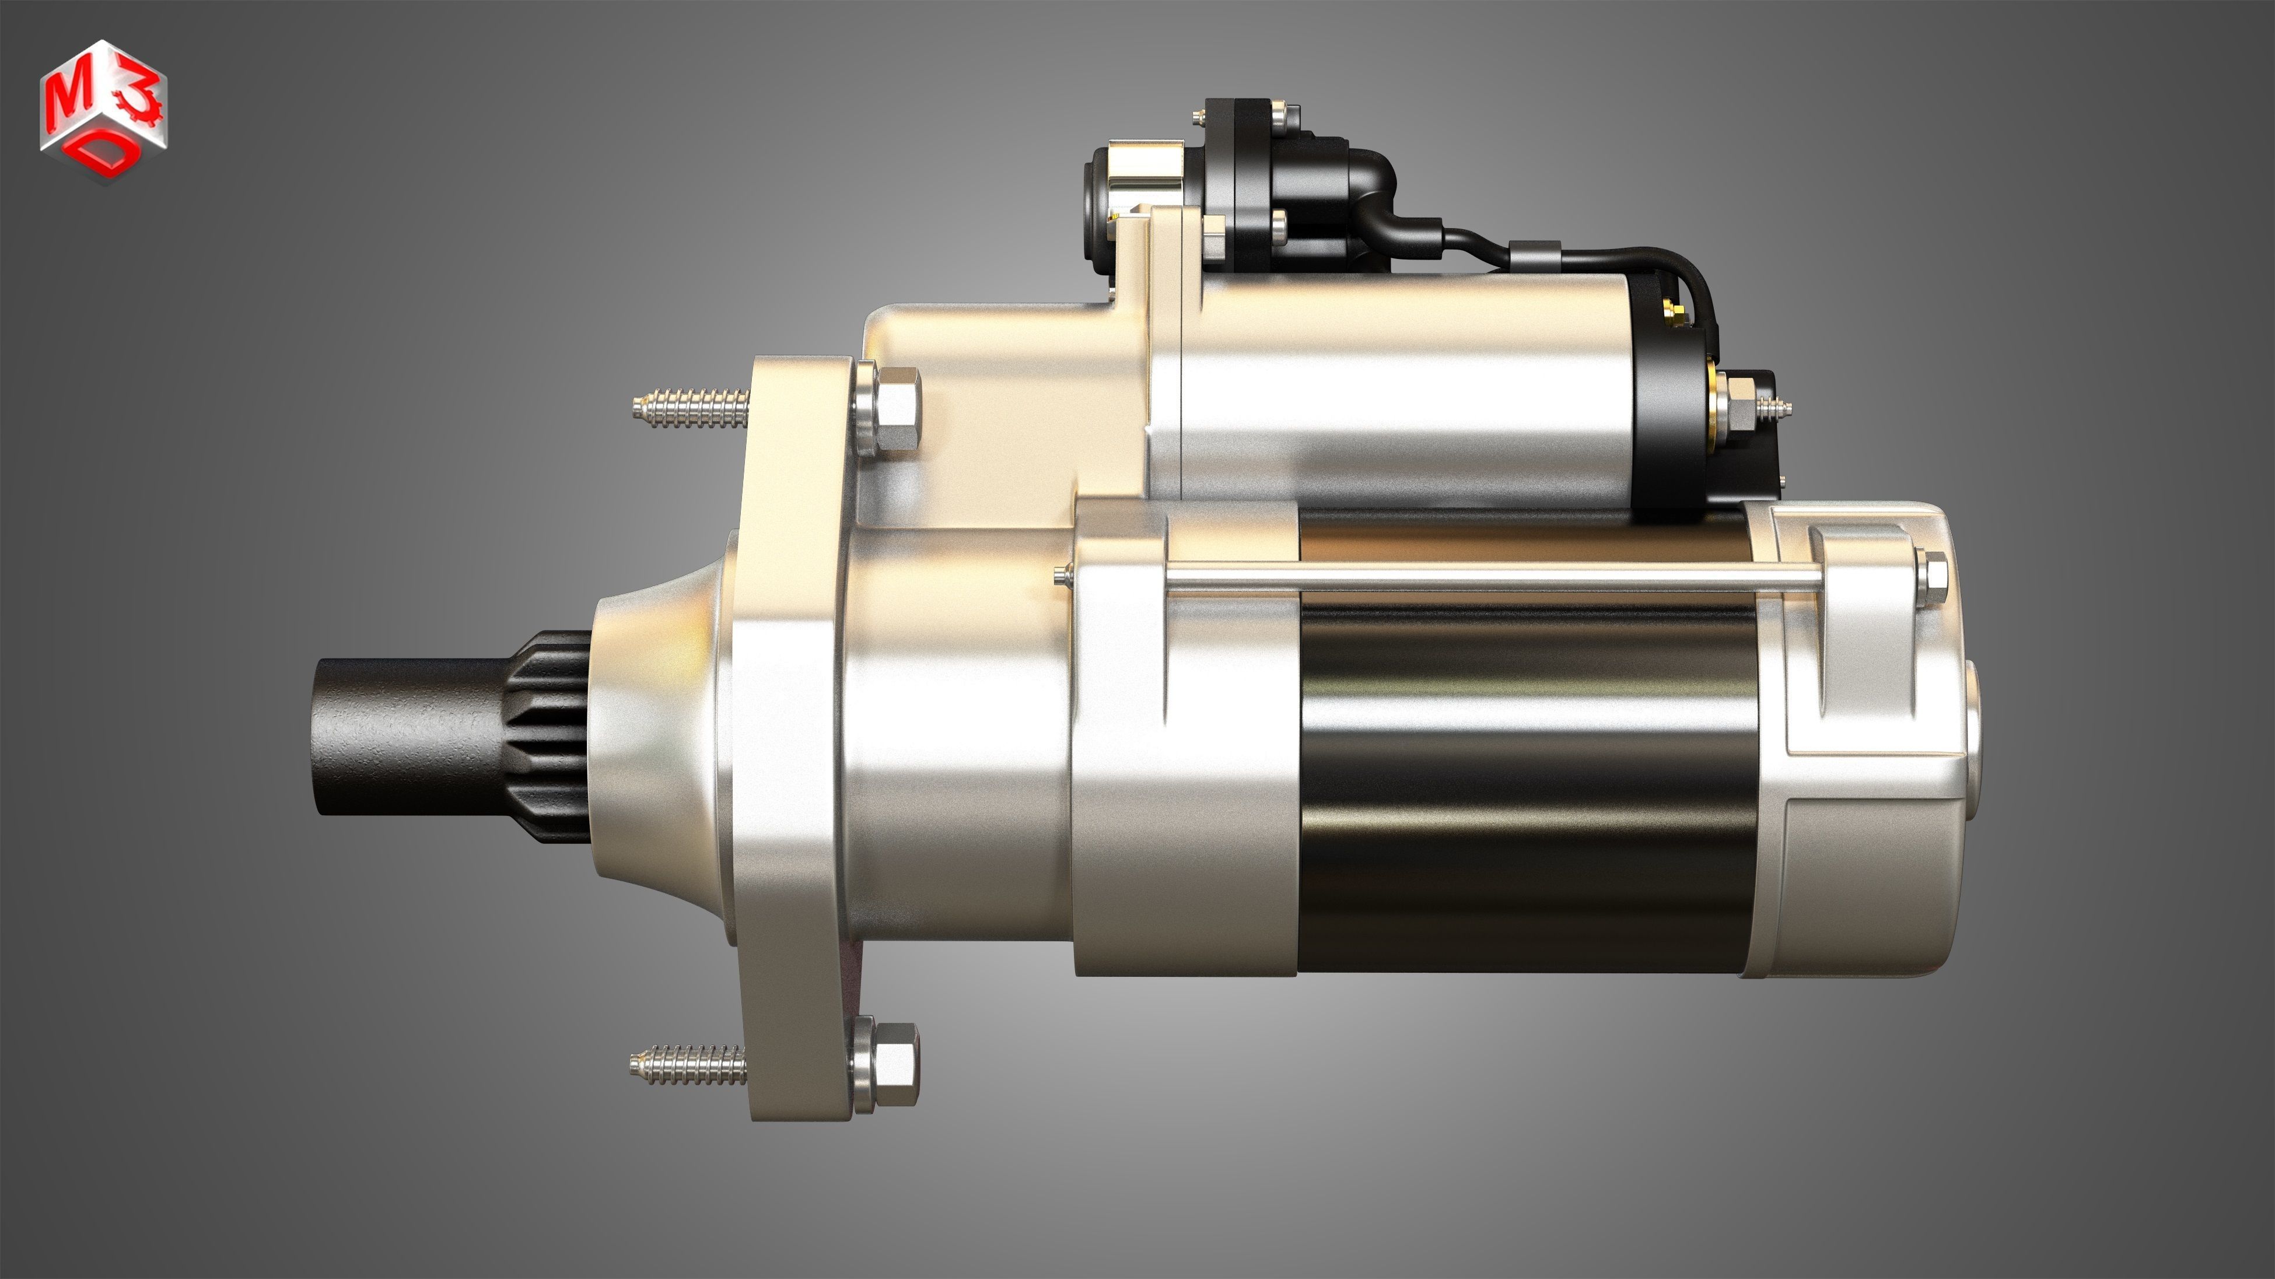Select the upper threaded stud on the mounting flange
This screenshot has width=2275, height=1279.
(x=691, y=408)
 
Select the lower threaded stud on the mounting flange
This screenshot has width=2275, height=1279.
(x=687, y=1064)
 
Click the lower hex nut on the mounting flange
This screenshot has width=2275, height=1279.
(x=894, y=1064)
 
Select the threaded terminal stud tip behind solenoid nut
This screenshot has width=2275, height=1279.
(x=1775, y=408)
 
